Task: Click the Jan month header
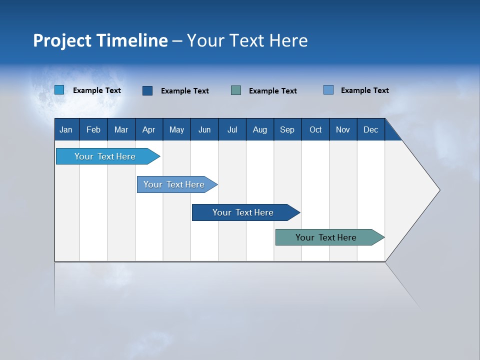pyautogui.click(x=66, y=129)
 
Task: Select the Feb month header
pyautogui.click(x=93, y=129)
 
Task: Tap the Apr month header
pyautogui.click(x=149, y=129)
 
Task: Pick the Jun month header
pyautogui.click(x=204, y=129)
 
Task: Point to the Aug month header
pyautogui.click(x=260, y=129)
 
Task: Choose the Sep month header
pyautogui.click(x=287, y=129)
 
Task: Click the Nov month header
pyautogui.click(x=343, y=129)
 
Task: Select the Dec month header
pyautogui.click(x=370, y=129)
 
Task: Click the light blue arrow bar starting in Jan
pyautogui.click(x=105, y=156)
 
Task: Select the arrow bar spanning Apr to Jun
pyautogui.click(x=174, y=184)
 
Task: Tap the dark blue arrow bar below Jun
pyautogui.click(x=243, y=212)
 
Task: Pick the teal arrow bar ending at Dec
pyautogui.click(x=326, y=237)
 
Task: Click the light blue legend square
pyautogui.click(x=59, y=90)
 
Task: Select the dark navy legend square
pyautogui.click(x=147, y=90)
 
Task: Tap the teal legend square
pyautogui.click(x=236, y=90)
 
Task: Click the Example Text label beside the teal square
pyautogui.click(x=273, y=90)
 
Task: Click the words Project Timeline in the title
pyautogui.click(x=100, y=40)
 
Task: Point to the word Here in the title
pyautogui.click(x=288, y=40)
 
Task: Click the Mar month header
pyautogui.click(x=121, y=129)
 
